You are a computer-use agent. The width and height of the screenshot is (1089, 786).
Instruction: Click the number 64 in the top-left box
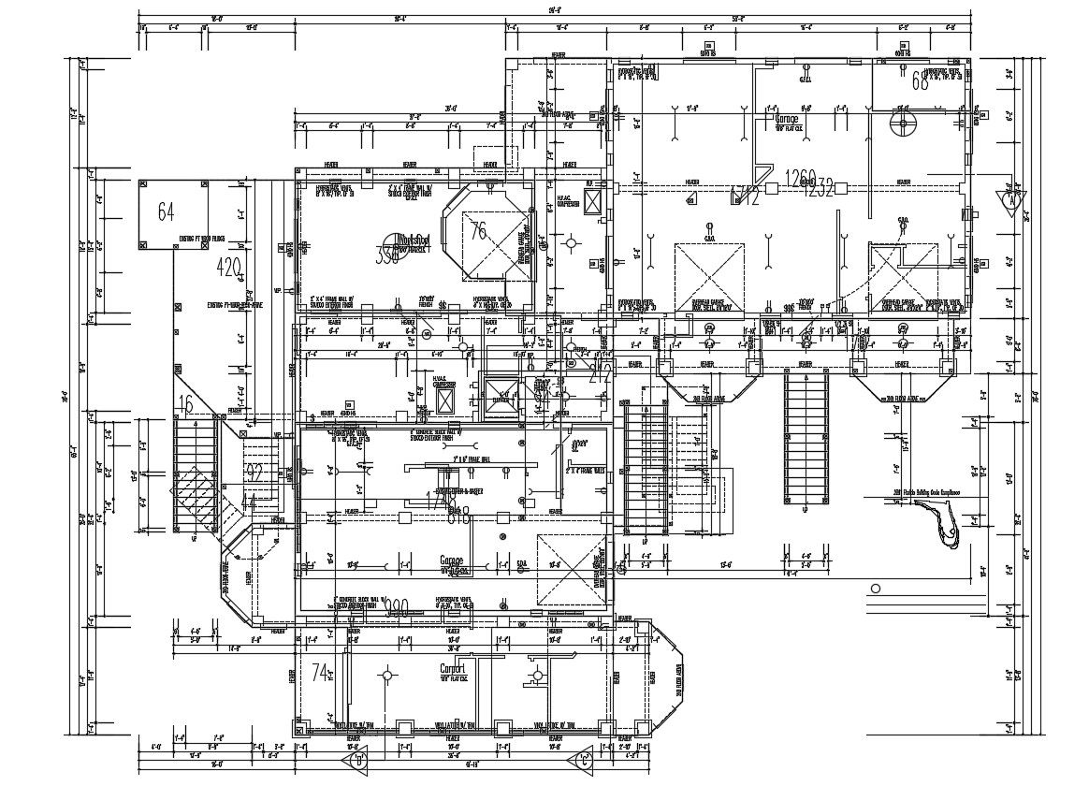pos(167,211)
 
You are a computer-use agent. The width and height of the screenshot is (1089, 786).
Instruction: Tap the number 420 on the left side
pos(229,267)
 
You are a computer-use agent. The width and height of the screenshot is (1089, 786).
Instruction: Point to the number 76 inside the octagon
pos(478,231)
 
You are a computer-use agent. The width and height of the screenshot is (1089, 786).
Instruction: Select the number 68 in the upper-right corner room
pos(920,82)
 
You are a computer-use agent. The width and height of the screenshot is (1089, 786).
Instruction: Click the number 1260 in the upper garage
pos(801,178)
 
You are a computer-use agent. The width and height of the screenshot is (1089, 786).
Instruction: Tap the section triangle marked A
pos(1011,199)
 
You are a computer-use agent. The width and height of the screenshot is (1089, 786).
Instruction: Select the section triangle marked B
pos(359,759)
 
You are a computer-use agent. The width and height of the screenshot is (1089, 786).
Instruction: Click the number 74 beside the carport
pos(321,672)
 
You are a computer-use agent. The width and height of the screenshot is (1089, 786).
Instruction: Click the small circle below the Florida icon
pos(875,589)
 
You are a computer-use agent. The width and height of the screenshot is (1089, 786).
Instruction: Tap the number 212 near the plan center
pos(600,375)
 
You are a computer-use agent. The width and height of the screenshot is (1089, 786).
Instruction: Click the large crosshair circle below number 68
pos(903,125)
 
